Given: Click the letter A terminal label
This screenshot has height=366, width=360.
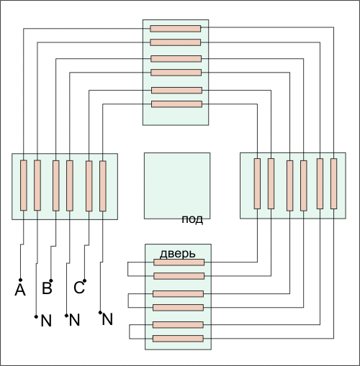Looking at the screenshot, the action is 20,290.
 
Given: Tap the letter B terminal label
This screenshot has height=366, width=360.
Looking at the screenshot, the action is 47,288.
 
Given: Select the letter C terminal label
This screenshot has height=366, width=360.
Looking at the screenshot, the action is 79,288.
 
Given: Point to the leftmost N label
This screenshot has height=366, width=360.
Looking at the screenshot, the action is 46,321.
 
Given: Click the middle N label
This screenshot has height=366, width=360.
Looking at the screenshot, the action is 74,320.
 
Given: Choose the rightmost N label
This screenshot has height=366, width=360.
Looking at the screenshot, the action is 107,319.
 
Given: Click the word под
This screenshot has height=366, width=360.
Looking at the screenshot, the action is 192,219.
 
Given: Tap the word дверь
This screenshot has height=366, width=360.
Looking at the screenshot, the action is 178,254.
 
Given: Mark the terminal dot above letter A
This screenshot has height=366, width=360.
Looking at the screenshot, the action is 20,280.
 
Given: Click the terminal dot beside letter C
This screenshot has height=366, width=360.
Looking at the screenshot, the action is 84,280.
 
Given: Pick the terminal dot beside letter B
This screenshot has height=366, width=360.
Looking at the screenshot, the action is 51,280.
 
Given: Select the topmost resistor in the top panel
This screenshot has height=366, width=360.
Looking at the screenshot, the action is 176,29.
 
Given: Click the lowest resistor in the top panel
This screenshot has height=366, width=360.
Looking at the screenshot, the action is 177,104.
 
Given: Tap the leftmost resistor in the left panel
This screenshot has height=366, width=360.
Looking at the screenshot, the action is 24,186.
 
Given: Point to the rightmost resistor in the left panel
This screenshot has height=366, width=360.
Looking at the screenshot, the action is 103,186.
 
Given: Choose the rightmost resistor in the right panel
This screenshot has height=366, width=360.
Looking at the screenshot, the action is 333,183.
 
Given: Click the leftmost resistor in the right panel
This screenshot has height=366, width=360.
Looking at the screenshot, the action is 257,183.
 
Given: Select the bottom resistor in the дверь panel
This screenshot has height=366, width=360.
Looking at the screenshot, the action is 178,339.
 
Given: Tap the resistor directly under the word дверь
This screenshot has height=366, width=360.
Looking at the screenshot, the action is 179,262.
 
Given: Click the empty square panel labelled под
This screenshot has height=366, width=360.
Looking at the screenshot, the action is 177,186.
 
